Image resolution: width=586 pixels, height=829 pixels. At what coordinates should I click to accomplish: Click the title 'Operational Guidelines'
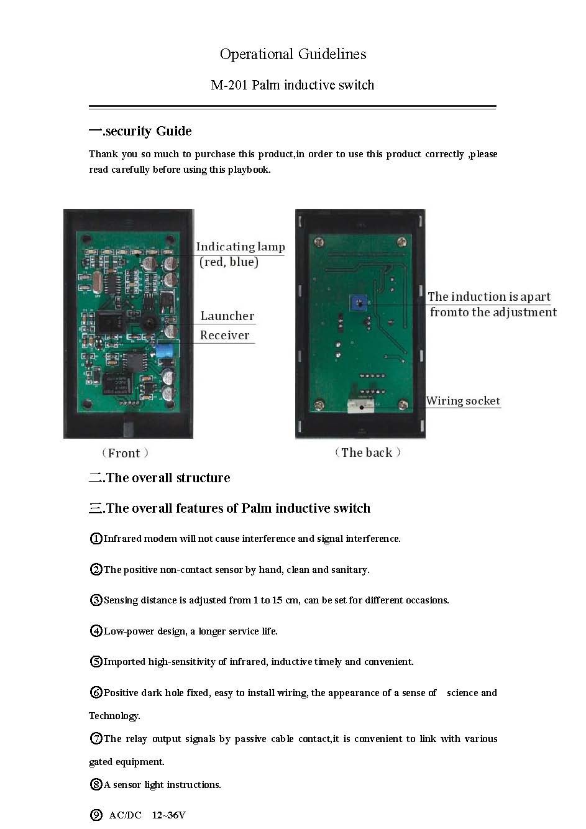click(293, 55)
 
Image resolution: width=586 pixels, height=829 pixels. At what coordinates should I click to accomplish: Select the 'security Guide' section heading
click(148, 131)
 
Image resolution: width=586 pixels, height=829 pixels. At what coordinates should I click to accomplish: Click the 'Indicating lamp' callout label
click(240, 247)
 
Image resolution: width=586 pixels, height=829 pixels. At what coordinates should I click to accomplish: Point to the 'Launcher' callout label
click(227, 316)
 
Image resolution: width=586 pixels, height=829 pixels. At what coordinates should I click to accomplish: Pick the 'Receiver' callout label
click(224, 336)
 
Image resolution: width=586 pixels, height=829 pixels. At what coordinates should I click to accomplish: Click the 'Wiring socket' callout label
click(463, 401)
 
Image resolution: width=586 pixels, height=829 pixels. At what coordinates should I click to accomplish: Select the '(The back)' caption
click(367, 452)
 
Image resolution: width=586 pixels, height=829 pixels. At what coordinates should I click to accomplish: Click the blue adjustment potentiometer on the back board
click(357, 302)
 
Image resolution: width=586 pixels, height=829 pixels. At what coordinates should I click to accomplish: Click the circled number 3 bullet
click(96, 600)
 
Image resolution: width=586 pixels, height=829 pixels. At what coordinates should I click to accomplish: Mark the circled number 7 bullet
click(96, 739)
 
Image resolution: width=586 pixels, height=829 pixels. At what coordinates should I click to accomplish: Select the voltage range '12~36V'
click(168, 815)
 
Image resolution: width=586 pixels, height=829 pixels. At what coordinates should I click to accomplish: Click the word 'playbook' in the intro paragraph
click(248, 170)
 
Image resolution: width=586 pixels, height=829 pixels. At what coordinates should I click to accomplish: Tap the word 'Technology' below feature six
click(114, 716)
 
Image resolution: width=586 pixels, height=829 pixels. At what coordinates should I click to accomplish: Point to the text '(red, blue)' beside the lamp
click(229, 262)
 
